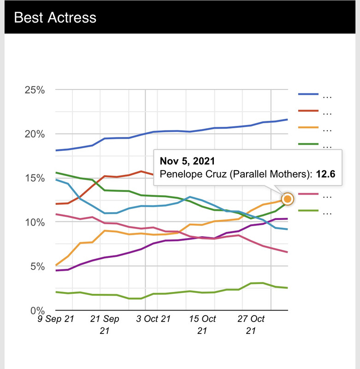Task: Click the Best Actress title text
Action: click(x=55, y=18)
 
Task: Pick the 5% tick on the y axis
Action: click(x=37, y=266)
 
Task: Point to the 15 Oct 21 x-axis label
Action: click(x=202, y=325)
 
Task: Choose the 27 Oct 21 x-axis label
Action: click(x=251, y=325)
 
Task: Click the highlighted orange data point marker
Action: click(x=287, y=199)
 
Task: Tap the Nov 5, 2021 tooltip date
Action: click(x=187, y=161)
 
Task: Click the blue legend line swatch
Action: click(x=308, y=95)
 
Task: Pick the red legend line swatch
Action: click(x=308, y=111)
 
